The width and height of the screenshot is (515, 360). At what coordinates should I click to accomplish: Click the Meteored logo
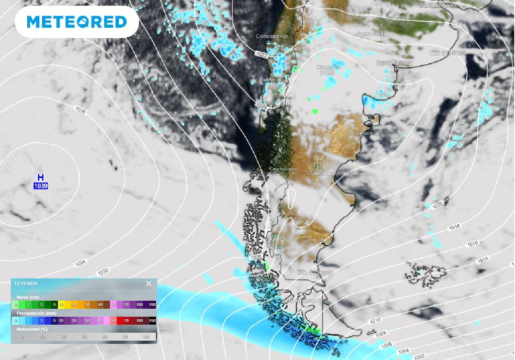tap(76, 22)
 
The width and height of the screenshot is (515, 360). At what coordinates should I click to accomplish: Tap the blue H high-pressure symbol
tap(41, 177)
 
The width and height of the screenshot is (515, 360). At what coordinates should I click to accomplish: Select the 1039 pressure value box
tap(41, 186)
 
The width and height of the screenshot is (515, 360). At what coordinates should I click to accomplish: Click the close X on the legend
tap(148, 284)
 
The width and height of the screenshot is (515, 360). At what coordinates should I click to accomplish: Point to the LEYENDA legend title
tap(26, 284)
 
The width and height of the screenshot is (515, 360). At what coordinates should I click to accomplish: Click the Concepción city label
tap(272, 36)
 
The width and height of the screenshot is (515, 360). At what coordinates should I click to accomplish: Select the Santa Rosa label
tap(371, 34)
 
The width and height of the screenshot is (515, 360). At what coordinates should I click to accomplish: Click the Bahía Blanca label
tap(395, 63)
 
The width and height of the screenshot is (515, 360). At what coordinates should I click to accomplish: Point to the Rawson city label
tap(362, 133)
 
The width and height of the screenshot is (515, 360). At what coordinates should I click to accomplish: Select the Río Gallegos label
tap(315, 272)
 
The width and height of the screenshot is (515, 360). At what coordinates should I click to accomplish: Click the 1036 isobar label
tap(80, 110)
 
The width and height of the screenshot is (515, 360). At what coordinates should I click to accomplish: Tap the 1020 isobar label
tap(438, 205)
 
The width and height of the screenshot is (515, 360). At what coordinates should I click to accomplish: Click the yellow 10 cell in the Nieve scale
tap(61, 305)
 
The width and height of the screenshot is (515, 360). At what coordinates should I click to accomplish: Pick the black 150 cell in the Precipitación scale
tap(152, 320)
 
